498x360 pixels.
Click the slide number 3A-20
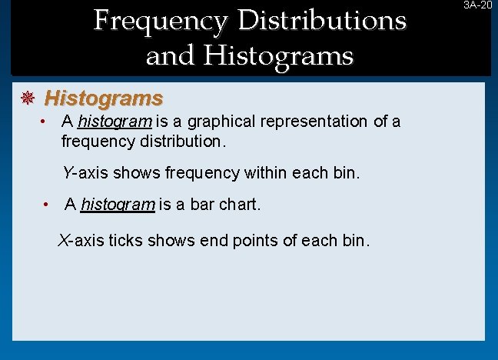476,5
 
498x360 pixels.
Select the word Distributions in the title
322,20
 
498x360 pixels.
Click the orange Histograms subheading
104,98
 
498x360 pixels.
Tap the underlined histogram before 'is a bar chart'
118,205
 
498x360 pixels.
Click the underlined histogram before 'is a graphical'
115,122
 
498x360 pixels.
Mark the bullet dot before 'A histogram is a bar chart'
47,205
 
